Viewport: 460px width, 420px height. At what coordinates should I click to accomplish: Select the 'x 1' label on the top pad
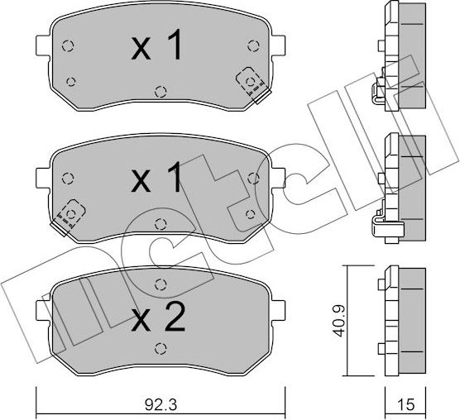(x=156, y=48)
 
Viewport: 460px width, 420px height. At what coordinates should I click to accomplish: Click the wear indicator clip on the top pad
(x=249, y=81)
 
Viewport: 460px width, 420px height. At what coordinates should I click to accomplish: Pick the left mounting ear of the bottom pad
(x=44, y=310)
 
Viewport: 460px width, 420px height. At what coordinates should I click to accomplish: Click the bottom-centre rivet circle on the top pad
(x=159, y=89)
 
